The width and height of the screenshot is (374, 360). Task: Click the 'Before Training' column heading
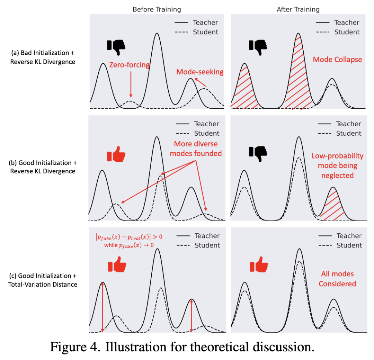pyautogui.click(x=157, y=9)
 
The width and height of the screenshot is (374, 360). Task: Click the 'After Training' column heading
pyautogui.click(x=298, y=9)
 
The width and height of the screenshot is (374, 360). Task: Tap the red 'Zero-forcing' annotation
pyautogui.click(x=130, y=65)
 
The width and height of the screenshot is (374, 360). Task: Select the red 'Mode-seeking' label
pyautogui.click(x=200, y=72)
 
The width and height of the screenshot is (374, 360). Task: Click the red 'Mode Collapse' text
pyautogui.click(x=337, y=60)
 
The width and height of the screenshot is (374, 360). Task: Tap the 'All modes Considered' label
pyautogui.click(x=337, y=279)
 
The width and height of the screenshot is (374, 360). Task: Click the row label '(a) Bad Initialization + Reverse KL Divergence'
pyautogui.click(x=43, y=57)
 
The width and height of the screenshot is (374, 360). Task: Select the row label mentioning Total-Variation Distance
pyautogui.click(x=43, y=280)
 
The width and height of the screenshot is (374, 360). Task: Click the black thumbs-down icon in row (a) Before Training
pyautogui.click(x=116, y=47)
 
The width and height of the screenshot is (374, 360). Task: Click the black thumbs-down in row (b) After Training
pyautogui.click(x=258, y=153)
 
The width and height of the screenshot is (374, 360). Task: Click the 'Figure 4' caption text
pyautogui.click(x=182, y=346)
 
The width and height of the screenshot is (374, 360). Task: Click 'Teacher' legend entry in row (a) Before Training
pyautogui.click(x=205, y=22)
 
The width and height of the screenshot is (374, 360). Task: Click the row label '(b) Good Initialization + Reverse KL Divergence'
pyautogui.click(x=43, y=167)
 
